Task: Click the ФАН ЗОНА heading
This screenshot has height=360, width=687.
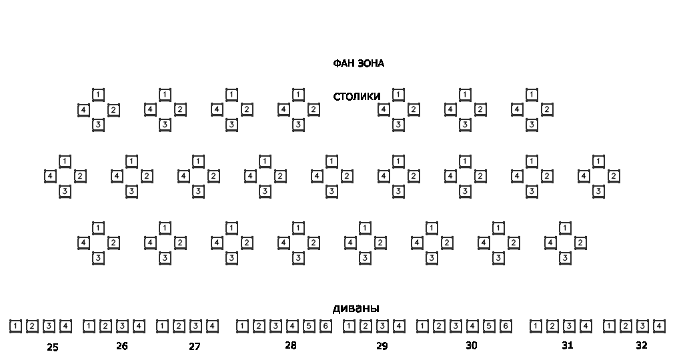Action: [358, 63]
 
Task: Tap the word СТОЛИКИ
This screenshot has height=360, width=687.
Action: [357, 97]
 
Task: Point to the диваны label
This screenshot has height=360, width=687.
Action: [356, 308]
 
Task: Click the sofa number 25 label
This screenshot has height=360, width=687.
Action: [53, 347]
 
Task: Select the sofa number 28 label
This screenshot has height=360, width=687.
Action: [291, 345]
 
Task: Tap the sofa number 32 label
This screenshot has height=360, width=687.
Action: [642, 345]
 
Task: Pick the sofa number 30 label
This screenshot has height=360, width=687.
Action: [472, 345]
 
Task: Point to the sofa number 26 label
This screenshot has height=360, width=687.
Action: [122, 346]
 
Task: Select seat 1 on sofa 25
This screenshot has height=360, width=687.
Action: [15, 326]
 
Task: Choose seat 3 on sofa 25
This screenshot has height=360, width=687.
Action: [49, 326]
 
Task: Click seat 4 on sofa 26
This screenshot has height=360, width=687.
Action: [139, 326]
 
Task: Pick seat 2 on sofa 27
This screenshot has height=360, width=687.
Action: [179, 326]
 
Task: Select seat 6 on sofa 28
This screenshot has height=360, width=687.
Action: [325, 326]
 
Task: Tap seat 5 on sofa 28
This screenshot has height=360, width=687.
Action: [309, 326]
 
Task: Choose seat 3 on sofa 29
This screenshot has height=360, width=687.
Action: [382, 326]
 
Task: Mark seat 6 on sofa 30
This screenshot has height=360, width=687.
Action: [506, 326]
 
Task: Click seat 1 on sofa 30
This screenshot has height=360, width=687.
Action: [422, 326]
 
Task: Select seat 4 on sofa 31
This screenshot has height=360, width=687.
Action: [586, 326]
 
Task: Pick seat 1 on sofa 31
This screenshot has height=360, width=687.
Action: [536, 326]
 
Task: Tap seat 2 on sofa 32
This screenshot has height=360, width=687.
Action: [626, 326]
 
